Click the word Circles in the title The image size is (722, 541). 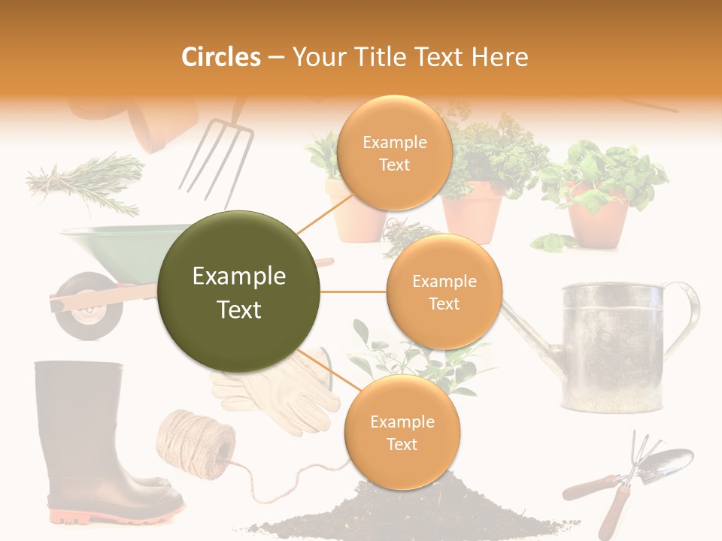coord(221,57)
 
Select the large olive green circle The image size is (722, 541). coord(239,292)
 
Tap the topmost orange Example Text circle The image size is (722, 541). coord(394,153)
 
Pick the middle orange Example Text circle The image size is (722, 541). coord(444,292)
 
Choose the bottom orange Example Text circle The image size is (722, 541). coord(402,432)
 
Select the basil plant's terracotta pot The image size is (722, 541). coord(597,222)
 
